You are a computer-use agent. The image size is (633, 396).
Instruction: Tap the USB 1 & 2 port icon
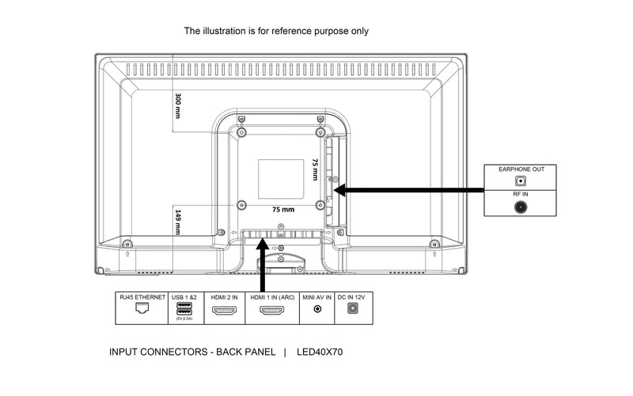click(x=184, y=310)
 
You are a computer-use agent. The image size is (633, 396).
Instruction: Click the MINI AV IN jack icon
click(x=318, y=310)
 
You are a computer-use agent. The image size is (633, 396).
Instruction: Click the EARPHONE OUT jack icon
click(x=521, y=181)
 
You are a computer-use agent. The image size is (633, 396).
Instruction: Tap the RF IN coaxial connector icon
click(x=521, y=208)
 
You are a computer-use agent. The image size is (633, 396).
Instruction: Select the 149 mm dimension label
click(x=179, y=221)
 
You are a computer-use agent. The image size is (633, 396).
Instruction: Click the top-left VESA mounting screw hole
click(x=242, y=130)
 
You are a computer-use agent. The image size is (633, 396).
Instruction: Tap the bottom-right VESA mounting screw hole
click(x=319, y=205)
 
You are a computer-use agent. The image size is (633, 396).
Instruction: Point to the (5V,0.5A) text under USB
click(x=184, y=320)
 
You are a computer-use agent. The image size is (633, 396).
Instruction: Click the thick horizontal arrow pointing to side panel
click(x=411, y=190)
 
